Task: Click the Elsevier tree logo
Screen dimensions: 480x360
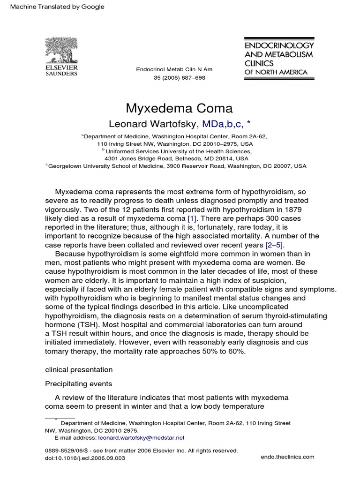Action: [x=61, y=50]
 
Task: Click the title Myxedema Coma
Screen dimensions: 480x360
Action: [x=180, y=108]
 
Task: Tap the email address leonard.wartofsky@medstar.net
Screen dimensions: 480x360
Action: [x=141, y=437]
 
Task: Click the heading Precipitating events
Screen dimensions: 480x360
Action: [x=78, y=383]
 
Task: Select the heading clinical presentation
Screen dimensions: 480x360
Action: [x=78, y=369]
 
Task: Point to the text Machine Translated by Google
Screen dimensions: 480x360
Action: [x=54, y=7]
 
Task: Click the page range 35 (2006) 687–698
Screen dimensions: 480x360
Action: [x=180, y=78]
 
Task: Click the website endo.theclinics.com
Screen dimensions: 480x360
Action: [x=286, y=457]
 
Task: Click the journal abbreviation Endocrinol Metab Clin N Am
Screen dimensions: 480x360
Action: [x=174, y=69]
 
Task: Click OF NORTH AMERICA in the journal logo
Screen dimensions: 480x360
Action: [x=276, y=72]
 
